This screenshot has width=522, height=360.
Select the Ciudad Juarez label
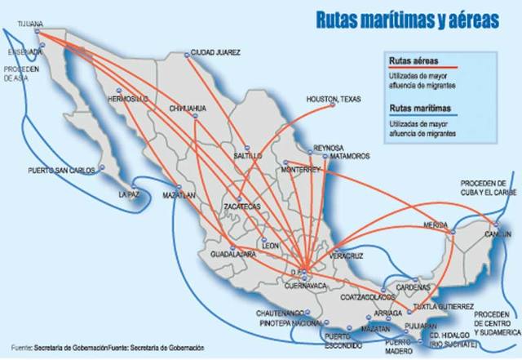click(216, 52)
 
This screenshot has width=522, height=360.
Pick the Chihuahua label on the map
click(188, 108)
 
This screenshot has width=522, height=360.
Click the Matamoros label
click(350, 155)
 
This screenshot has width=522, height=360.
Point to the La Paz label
click(130, 195)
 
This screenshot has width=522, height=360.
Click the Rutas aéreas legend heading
click(413, 61)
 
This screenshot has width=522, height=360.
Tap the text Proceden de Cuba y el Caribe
click(486, 188)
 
